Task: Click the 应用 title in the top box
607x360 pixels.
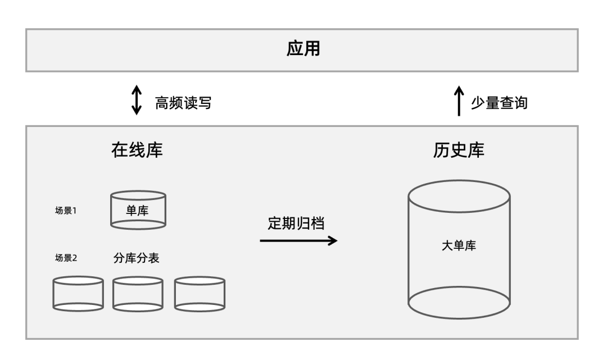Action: pyautogui.click(x=303, y=49)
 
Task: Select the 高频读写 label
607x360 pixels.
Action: pyautogui.click(x=183, y=102)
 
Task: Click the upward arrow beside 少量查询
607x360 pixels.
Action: pyautogui.click(x=459, y=100)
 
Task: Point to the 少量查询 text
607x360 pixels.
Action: pyautogui.click(x=499, y=102)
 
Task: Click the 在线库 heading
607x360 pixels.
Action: pyautogui.click(x=137, y=150)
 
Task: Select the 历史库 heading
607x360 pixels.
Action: pyautogui.click(x=459, y=150)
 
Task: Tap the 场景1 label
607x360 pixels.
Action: pyautogui.click(x=65, y=212)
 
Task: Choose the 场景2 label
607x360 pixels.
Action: pyautogui.click(x=65, y=258)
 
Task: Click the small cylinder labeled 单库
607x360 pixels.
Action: pyautogui.click(x=138, y=212)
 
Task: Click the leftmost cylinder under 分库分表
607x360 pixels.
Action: pyautogui.click(x=78, y=294)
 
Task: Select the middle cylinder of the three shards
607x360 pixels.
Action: pyautogui.click(x=138, y=294)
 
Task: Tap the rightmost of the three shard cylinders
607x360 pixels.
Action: pyautogui.click(x=200, y=294)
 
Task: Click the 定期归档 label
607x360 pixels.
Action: pyautogui.click(x=296, y=223)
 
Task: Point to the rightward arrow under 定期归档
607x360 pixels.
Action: pyautogui.click(x=298, y=240)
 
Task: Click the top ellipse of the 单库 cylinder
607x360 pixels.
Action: pyautogui.click(x=138, y=196)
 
